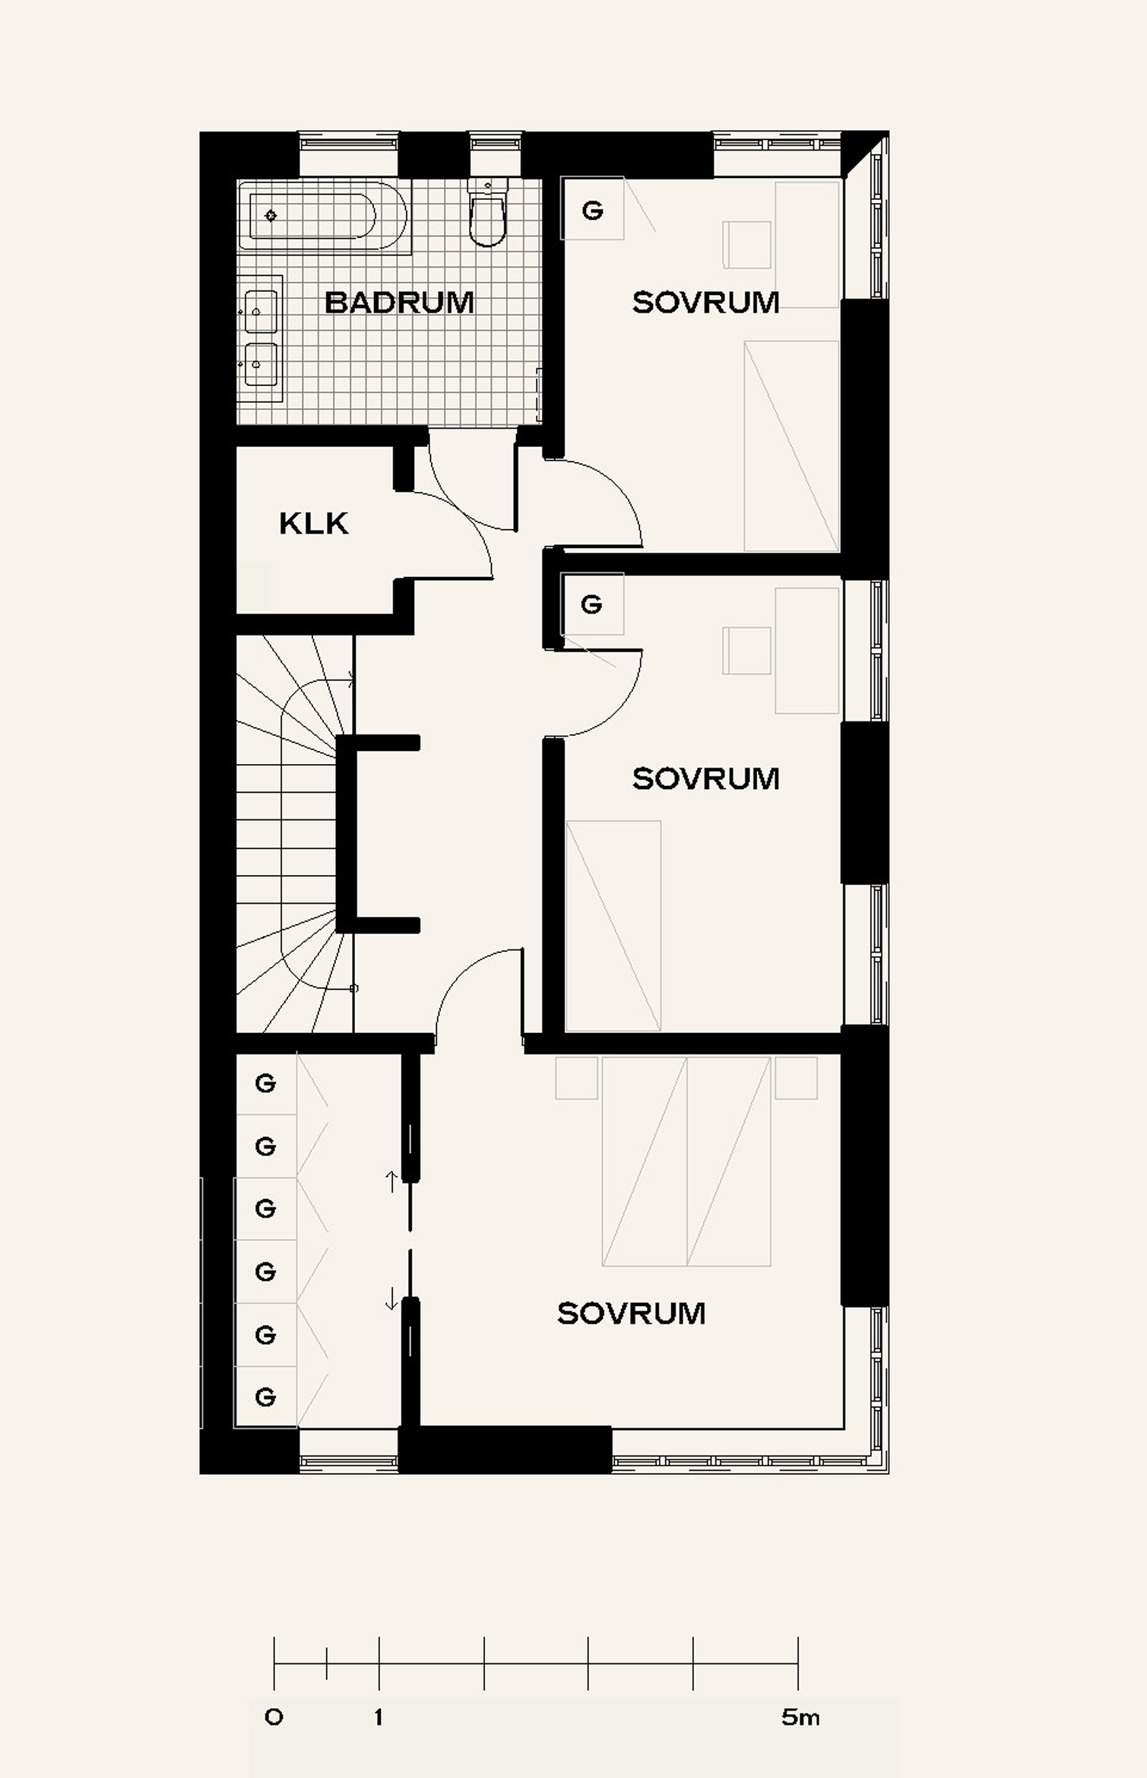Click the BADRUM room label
pos(399,303)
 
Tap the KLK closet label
pos(314,523)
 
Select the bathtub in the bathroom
pos(322,216)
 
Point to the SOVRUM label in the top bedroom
pos(706,303)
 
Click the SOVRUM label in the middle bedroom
pos(706,778)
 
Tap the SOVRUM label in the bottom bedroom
pos(632,1314)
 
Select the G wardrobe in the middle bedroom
pos(592,604)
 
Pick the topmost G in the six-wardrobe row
pos(265,1083)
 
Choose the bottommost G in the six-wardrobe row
pos(265,1396)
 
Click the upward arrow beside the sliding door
pos(391,1182)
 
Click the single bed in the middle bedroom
pos(613,926)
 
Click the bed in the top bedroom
pos(791,446)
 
